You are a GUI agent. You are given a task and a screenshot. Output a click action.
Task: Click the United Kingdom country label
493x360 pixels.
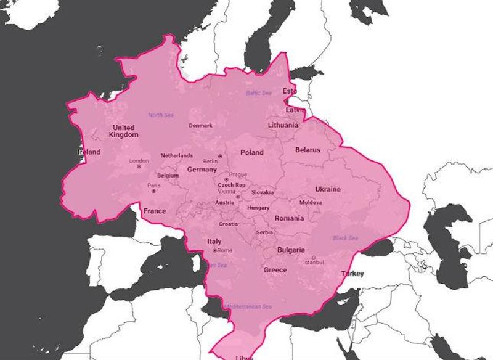click(123, 131)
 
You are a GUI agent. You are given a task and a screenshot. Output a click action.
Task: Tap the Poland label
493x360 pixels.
click(251, 152)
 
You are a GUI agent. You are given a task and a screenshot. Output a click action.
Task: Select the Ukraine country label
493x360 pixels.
click(327, 189)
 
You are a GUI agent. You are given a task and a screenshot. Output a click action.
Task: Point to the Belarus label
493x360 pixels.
click(308, 150)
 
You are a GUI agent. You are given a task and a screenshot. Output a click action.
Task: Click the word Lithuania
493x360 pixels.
click(283, 125)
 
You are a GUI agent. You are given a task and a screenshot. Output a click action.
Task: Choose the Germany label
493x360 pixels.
click(202, 170)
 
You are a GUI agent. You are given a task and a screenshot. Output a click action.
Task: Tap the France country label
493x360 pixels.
click(155, 211)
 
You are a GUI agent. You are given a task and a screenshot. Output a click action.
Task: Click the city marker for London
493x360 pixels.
click(139, 166)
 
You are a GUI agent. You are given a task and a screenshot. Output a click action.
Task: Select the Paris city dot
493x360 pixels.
click(153, 190)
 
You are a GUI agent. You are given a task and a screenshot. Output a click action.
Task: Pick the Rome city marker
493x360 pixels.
click(214, 250)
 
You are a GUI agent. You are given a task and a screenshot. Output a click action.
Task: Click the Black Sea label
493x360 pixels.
click(344, 238)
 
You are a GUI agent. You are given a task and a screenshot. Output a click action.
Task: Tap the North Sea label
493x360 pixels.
click(161, 115)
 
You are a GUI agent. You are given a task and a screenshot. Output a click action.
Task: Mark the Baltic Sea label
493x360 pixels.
click(259, 93)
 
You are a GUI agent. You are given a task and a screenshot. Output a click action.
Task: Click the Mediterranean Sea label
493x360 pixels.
click(248, 306)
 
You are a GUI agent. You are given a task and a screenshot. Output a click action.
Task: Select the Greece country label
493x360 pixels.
click(275, 270)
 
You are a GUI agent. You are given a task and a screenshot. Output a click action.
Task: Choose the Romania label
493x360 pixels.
click(289, 218)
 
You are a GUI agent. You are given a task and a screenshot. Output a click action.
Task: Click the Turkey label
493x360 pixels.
click(352, 274)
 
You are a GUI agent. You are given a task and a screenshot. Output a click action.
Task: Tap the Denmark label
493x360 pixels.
click(200, 126)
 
